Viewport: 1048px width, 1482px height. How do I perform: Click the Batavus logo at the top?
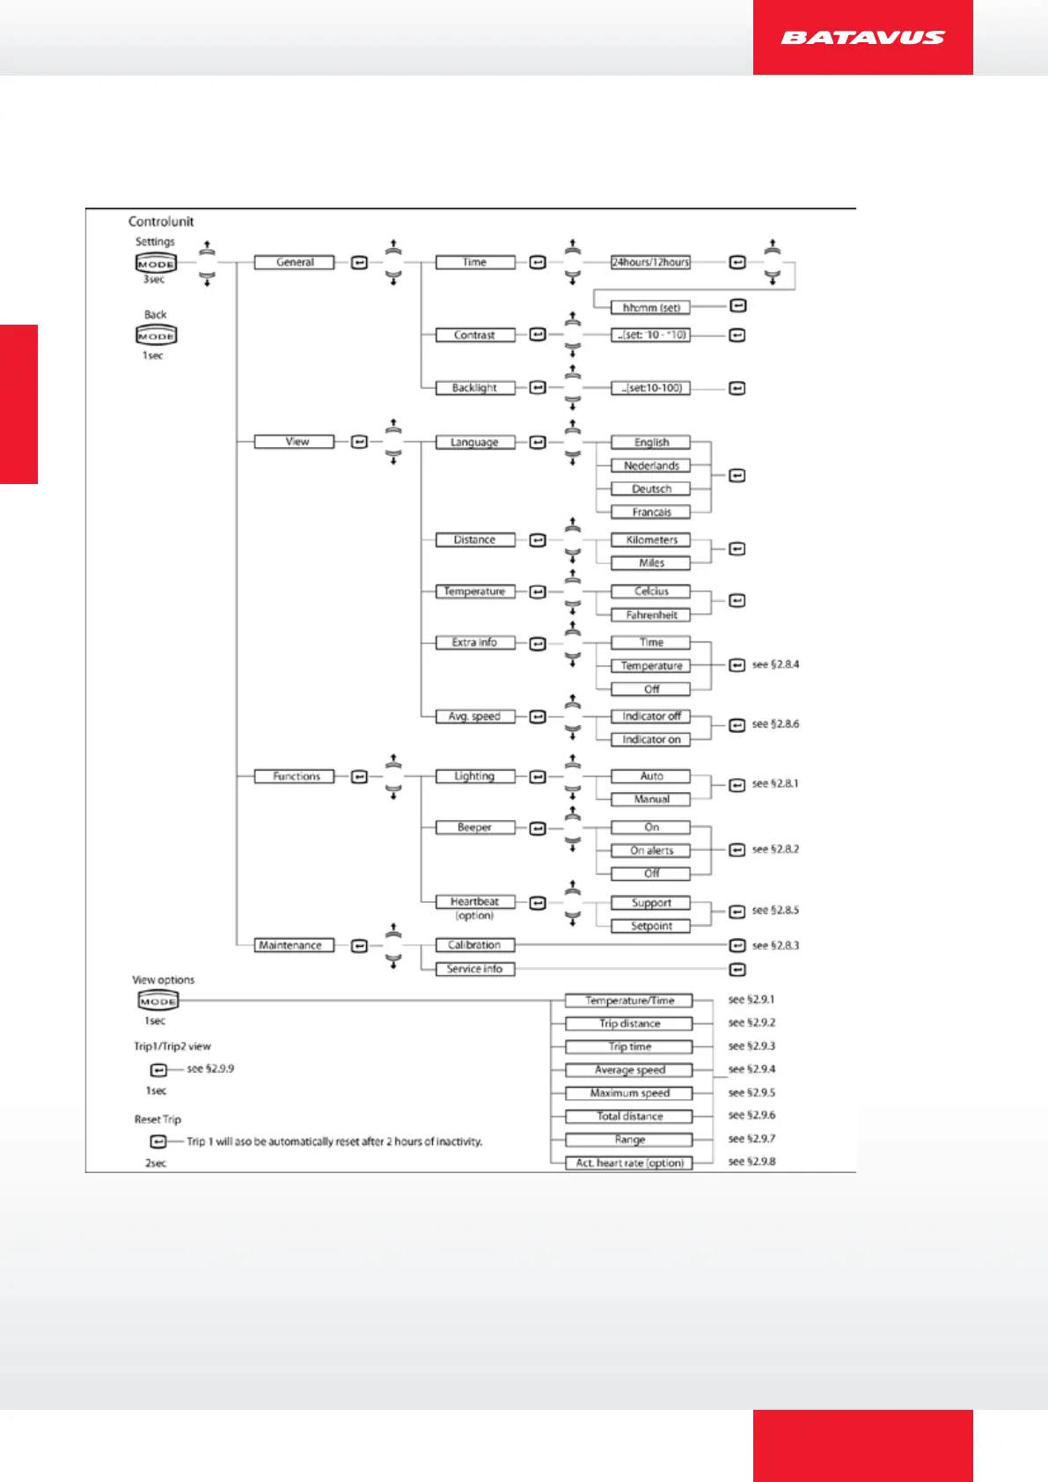coord(862,38)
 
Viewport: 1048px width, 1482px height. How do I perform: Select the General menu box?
coord(295,262)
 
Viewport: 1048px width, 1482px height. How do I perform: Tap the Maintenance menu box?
coord(290,945)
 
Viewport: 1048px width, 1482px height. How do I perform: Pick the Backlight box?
coord(474,388)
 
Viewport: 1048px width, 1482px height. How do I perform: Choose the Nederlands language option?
coord(651,466)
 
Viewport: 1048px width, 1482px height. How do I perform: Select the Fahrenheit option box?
coord(651,615)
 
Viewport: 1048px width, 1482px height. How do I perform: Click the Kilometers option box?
coord(651,539)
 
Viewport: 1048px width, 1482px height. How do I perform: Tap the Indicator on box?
coord(651,739)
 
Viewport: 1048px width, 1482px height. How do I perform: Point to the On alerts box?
coord(651,850)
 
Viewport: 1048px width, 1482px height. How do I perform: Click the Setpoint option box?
coord(651,926)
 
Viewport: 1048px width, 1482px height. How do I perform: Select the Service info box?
coord(474,969)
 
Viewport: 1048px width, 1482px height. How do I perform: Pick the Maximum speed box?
coord(629,1093)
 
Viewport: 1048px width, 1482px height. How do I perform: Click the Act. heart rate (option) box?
coord(629,1163)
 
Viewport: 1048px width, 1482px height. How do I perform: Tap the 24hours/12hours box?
coord(650,262)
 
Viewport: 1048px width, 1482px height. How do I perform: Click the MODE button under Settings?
coord(156,263)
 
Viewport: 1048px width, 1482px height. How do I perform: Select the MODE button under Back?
coord(156,335)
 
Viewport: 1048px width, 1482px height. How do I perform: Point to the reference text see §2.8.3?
coord(775,945)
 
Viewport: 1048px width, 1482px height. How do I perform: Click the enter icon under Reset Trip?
coord(158,1141)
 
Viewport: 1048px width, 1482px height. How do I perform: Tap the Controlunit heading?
coord(161,222)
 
